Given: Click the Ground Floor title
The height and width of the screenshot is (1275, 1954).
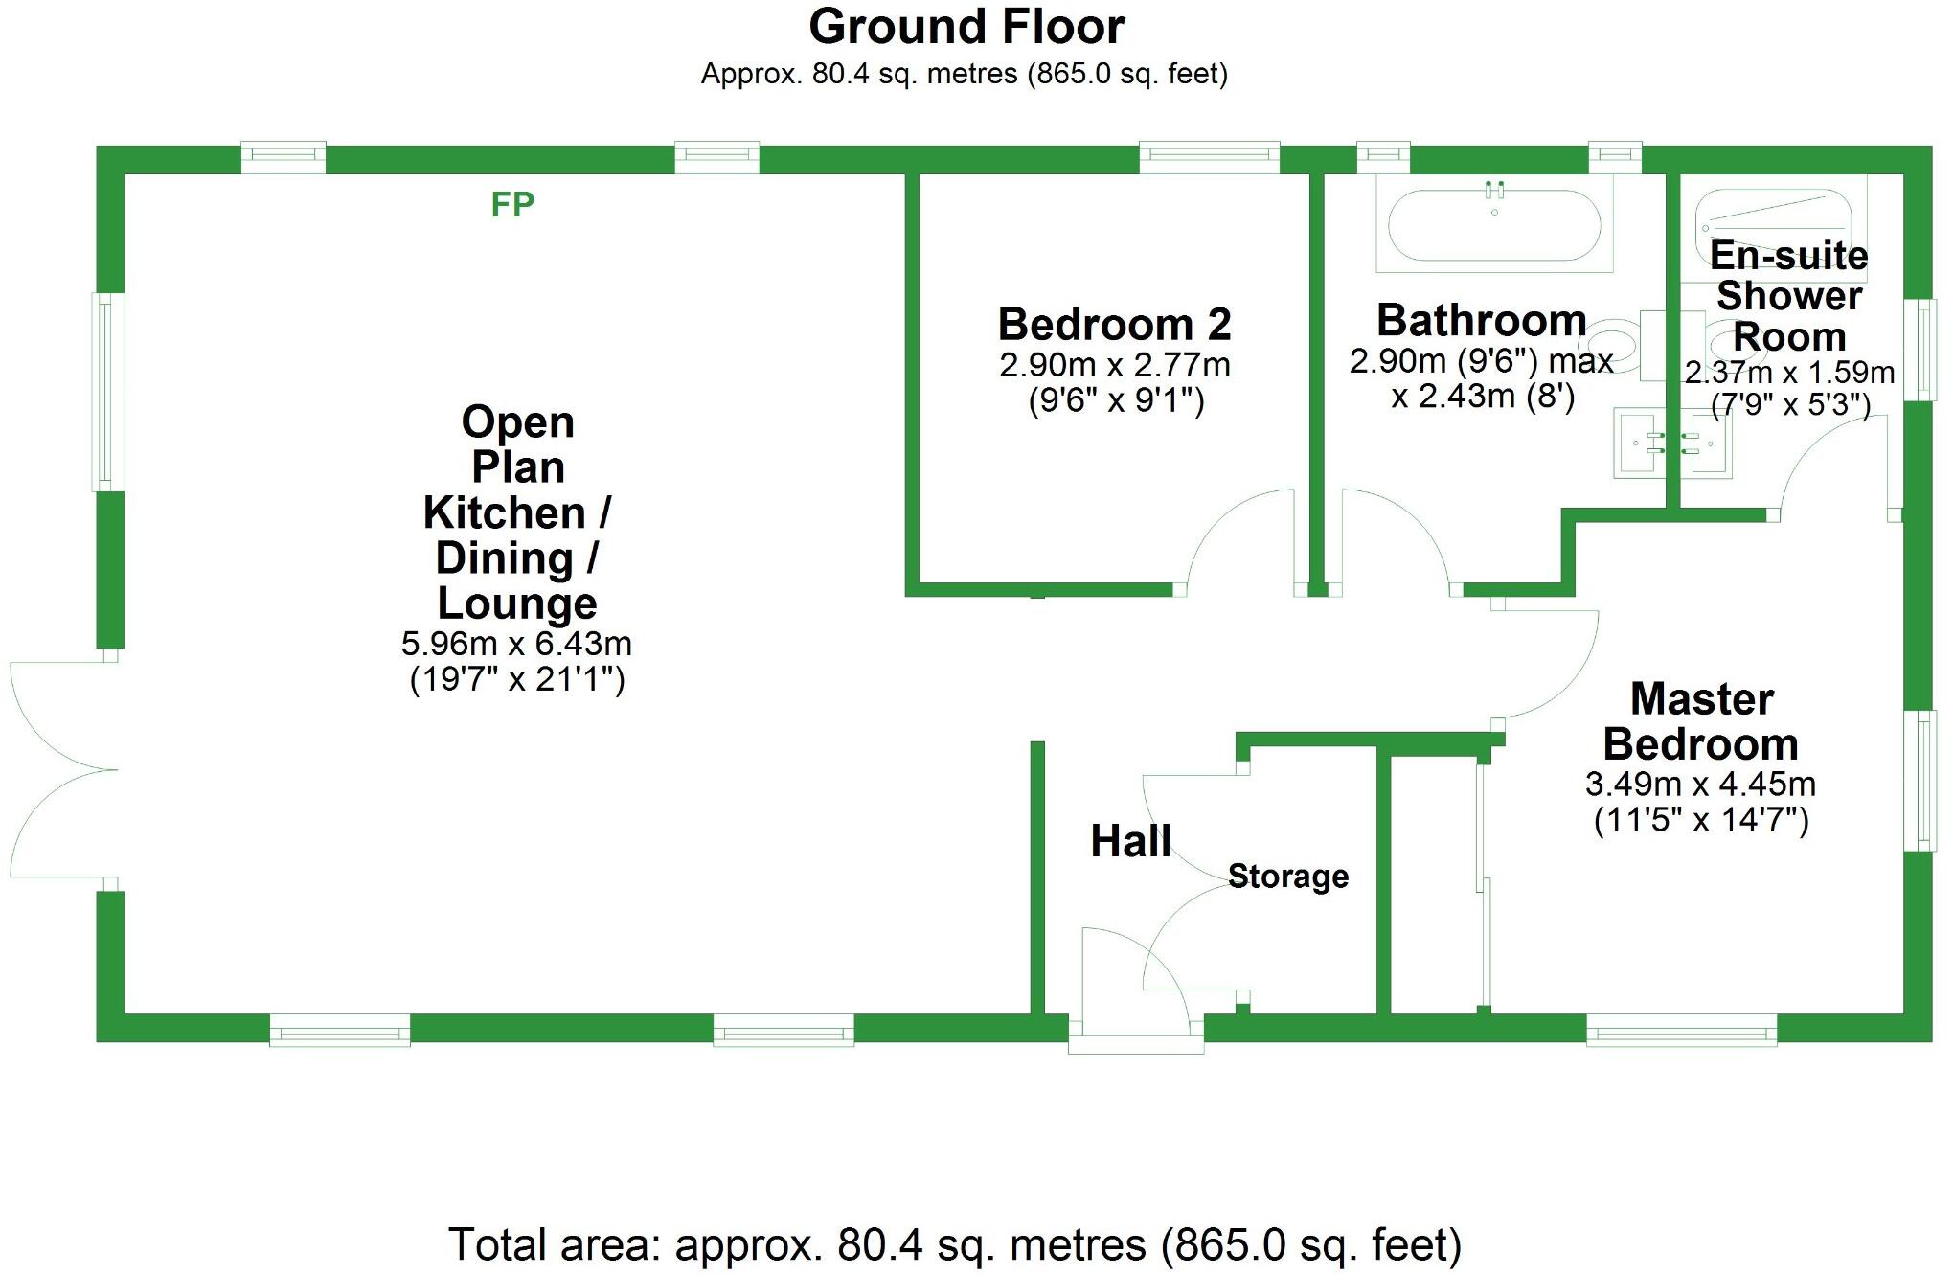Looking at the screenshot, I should pyautogui.click(x=966, y=28).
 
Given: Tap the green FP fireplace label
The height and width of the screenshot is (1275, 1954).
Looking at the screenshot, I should pyautogui.click(x=512, y=204).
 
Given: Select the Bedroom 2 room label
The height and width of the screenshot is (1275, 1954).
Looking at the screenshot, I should pyautogui.click(x=1114, y=324).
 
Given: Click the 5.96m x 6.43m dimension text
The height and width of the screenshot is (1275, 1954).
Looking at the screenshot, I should pyautogui.click(x=516, y=644).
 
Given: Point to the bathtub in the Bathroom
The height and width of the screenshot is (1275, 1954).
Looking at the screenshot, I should pyautogui.click(x=1493, y=226).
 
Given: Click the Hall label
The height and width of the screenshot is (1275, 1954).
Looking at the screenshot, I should pyautogui.click(x=1130, y=841).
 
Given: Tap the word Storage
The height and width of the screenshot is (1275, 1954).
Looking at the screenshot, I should pyautogui.click(x=1288, y=876).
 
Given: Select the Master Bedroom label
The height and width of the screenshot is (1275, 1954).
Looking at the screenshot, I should pyautogui.click(x=1701, y=721).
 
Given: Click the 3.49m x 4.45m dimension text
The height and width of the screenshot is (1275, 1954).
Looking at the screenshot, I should pyautogui.click(x=1700, y=785).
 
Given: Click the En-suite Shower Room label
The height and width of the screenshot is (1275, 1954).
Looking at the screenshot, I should pyautogui.click(x=1788, y=296).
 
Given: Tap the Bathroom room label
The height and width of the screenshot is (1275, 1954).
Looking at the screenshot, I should pyautogui.click(x=1482, y=320).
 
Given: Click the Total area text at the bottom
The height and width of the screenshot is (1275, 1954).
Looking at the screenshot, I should pyautogui.click(x=955, y=1245).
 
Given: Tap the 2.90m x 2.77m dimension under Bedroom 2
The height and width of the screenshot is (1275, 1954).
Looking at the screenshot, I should pyautogui.click(x=1114, y=365).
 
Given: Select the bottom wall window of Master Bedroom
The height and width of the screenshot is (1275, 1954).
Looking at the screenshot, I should pyautogui.click(x=1681, y=1033).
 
